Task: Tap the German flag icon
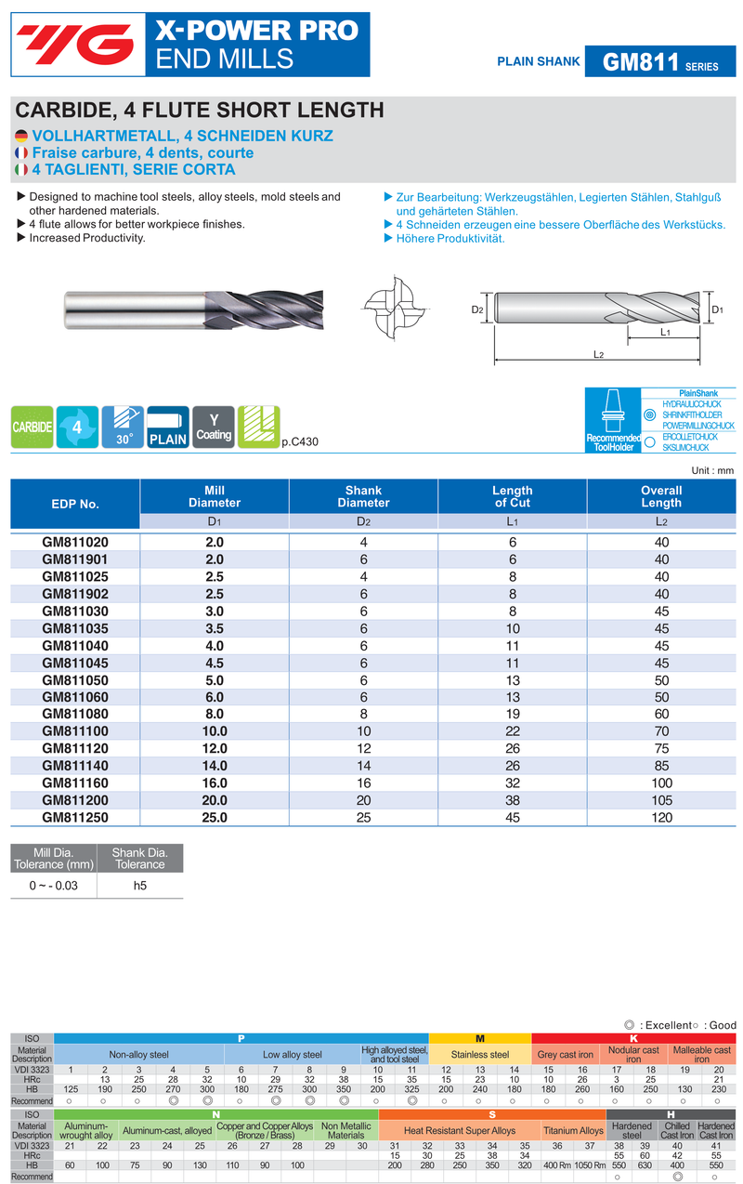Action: tap(21, 136)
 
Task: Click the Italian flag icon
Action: tap(21, 170)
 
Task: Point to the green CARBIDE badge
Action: tap(32, 428)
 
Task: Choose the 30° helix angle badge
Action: tap(123, 428)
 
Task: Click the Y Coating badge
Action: tap(214, 428)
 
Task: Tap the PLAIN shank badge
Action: tap(168, 428)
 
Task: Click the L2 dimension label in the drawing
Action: tap(599, 355)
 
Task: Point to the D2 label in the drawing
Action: tap(477, 309)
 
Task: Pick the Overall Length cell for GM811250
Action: tap(661, 817)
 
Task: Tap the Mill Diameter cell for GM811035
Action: tap(215, 628)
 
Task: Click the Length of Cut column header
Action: tap(513, 496)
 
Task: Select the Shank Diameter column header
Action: tap(363, 496)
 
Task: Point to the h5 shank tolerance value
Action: tap(140, 886)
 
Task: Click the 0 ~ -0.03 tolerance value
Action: tap(54, 886)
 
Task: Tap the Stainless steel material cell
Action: tap(480, 1055)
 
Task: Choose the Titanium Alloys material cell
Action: tap(573, 1131)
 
